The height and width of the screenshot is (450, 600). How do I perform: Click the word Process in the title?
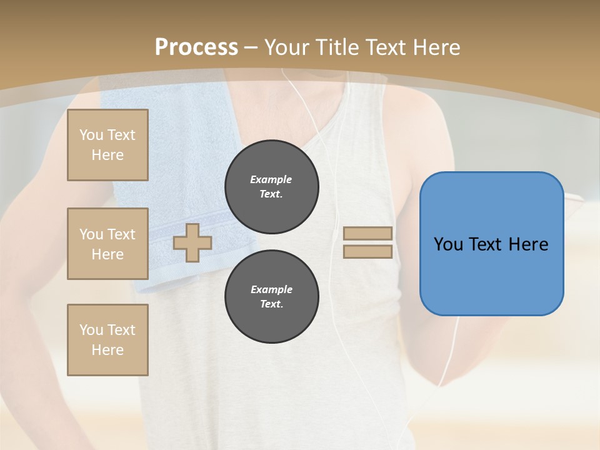click(196, 47)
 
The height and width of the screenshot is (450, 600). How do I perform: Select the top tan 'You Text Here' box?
click(107, 145)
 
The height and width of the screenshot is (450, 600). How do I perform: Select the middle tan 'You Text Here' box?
click(107, 244)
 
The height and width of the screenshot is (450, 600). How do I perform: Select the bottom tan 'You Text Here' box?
click(107, 340)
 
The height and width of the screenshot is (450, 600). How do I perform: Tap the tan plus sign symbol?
click(192, 242)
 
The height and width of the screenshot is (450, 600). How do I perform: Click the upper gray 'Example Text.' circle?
click(271, 186)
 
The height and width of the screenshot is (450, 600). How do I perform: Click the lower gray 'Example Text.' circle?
click(271, 296)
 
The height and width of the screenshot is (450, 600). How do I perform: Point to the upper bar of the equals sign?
click(367, 233)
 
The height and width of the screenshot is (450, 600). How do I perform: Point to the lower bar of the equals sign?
click(367, 252)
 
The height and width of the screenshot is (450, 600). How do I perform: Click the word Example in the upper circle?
click(271, 179)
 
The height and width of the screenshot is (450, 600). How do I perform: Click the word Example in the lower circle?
click(271, 289)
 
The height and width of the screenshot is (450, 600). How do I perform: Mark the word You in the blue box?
click(448, 244)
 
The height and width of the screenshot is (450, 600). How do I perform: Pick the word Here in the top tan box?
click(107, 155)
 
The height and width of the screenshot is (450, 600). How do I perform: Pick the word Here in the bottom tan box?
click(107, 350)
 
